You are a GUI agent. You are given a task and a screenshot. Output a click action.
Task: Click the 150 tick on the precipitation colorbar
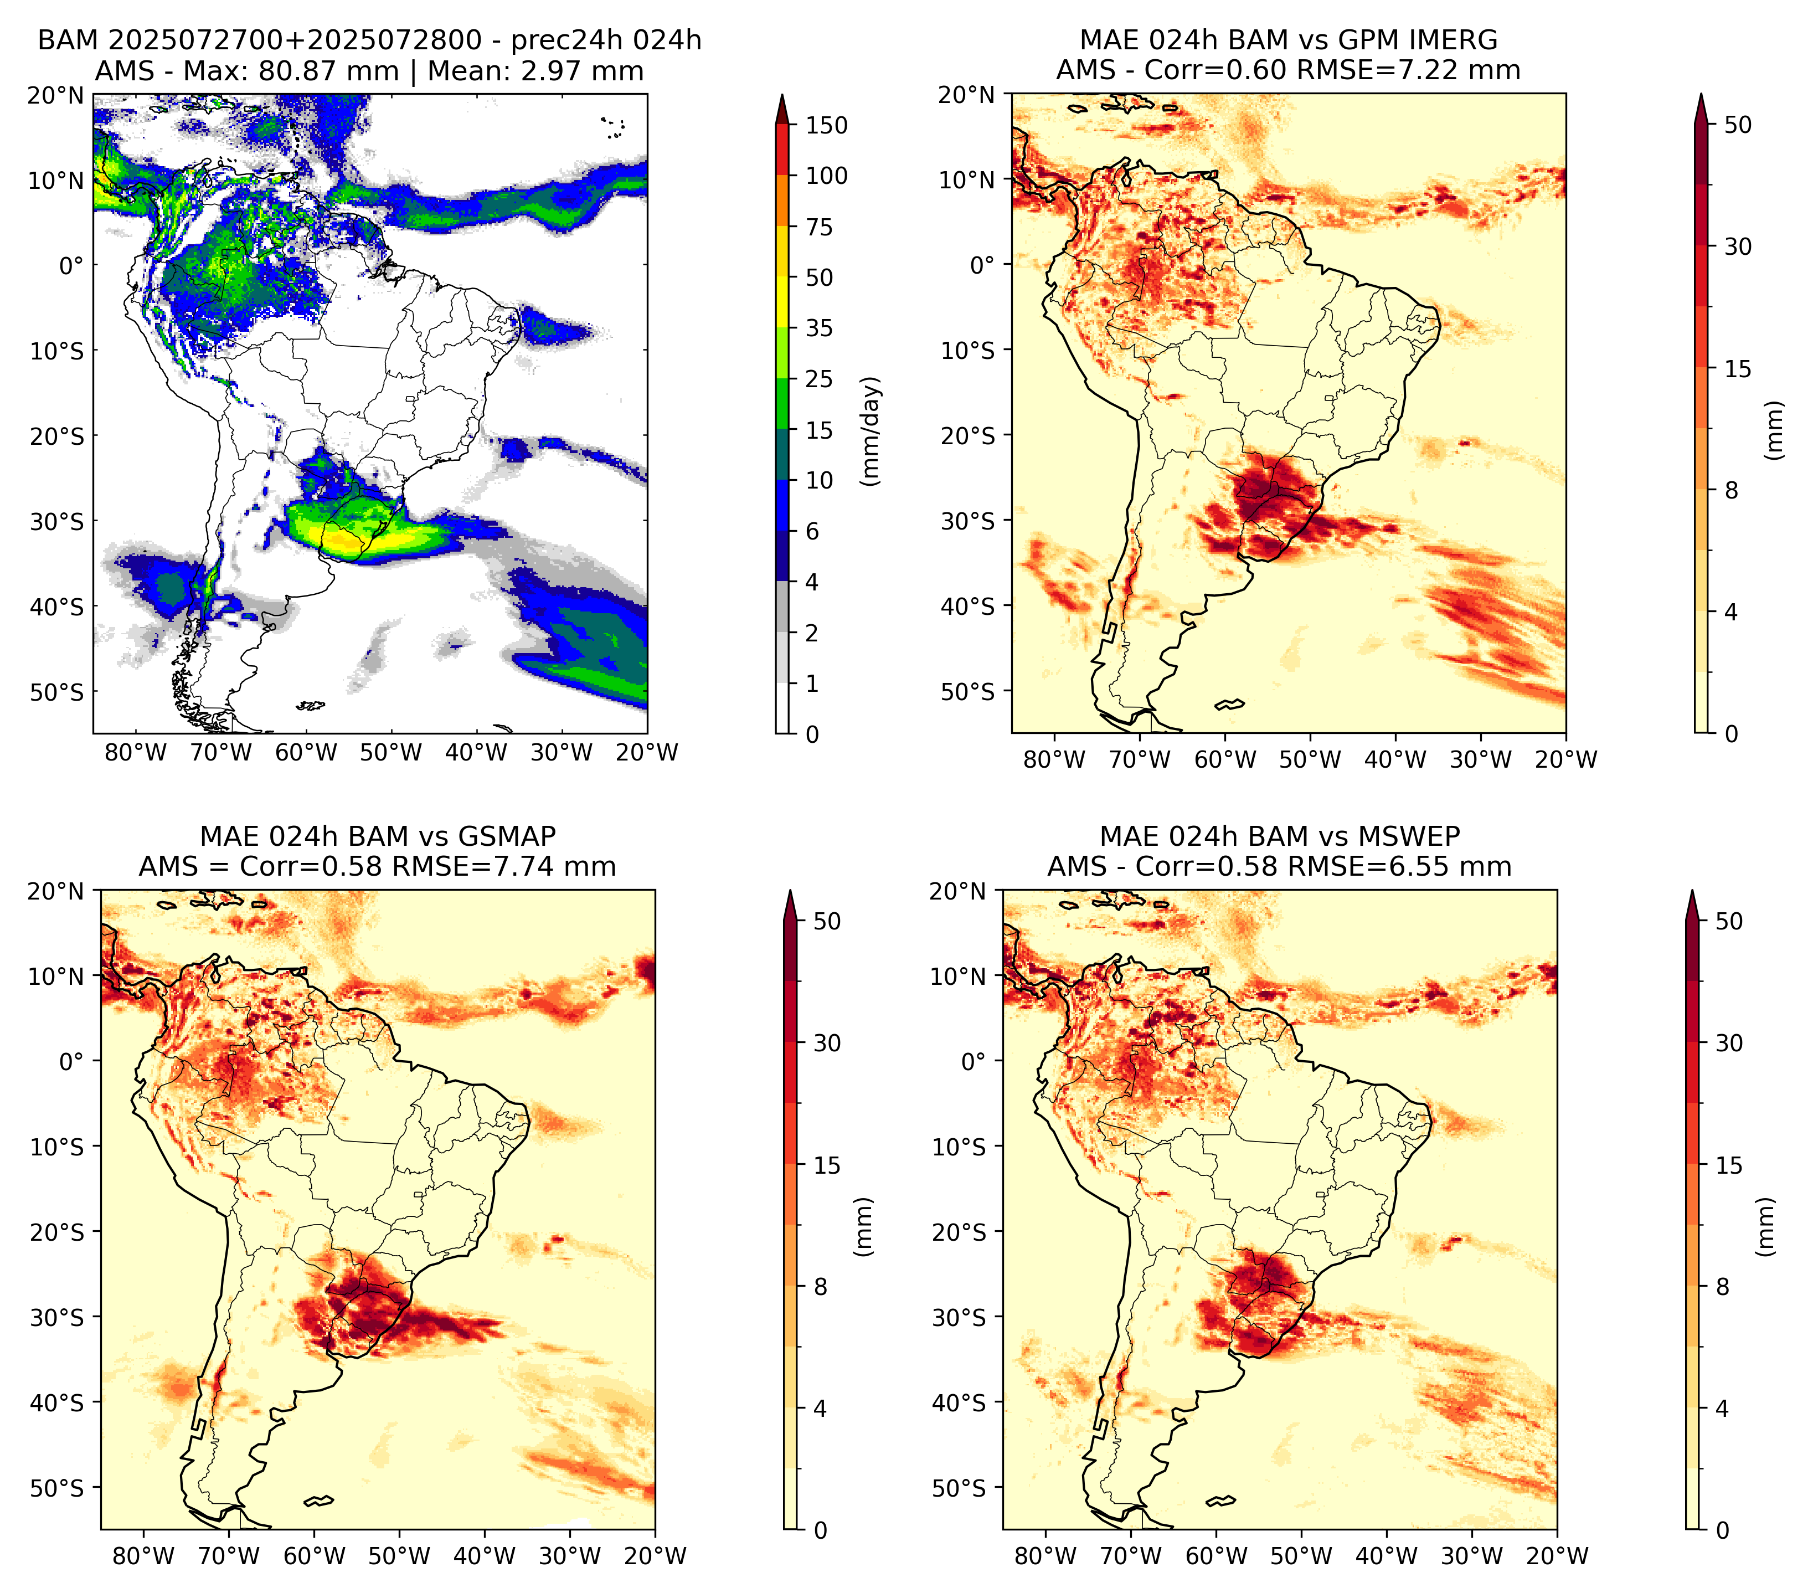(x=826, y=125)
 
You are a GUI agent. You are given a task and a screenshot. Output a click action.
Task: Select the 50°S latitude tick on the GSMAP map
(x=58, y=1487)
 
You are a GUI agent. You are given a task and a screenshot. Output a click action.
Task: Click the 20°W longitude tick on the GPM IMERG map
(x=1565, y=759)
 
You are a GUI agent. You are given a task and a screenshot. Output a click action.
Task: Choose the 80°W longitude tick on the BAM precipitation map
(x=136, y=752)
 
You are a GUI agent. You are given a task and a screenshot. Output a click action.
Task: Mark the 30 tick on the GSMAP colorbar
(x=827, y=1042)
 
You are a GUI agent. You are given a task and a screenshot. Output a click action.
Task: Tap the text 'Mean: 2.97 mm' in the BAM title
(x=535, y=71)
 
